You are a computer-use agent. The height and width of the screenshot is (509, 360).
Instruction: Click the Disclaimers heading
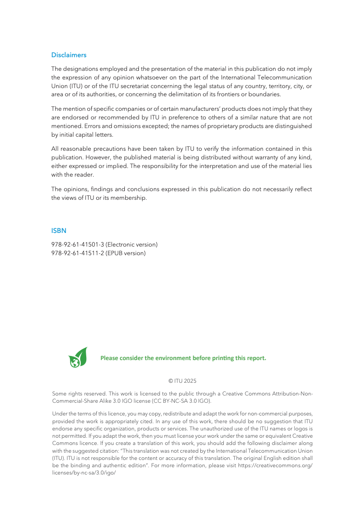69,55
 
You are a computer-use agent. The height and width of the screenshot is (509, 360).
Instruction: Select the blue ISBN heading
59,231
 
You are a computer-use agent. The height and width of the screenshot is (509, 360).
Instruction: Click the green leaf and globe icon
78,357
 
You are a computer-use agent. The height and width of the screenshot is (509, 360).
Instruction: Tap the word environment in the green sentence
173,358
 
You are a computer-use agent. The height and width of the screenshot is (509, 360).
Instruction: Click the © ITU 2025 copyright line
182,381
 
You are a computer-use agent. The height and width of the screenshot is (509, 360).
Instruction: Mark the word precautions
110,149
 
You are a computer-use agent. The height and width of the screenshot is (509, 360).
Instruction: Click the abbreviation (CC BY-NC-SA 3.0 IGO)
184,401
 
